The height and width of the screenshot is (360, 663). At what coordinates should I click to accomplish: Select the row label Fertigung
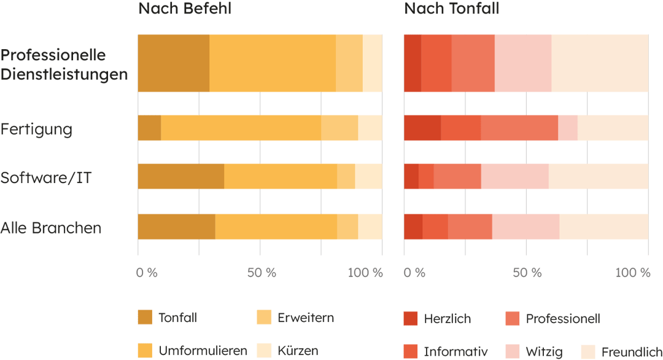[36, 130]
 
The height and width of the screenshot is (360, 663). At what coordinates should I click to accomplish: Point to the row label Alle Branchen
[50, 228]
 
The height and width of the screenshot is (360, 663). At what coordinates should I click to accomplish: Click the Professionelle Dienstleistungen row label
[64, 65]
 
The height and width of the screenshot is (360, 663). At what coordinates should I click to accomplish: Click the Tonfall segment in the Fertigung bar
[149, 128]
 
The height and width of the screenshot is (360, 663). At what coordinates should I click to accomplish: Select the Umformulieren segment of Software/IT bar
[281, 176]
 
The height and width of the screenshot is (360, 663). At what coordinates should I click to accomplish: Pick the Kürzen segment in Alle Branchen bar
[370, 226]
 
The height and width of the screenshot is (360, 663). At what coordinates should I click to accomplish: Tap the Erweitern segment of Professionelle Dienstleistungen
[349, 63]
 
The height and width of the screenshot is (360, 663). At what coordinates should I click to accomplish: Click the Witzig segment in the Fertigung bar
[568, 128]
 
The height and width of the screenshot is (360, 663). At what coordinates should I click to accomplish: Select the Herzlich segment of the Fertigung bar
[422, 128]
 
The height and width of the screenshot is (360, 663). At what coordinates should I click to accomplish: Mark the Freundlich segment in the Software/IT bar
[599, 176]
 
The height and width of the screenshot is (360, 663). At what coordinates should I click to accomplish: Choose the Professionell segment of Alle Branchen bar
[470, 226]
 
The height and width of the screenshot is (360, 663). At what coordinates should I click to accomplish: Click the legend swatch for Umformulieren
[145, 351]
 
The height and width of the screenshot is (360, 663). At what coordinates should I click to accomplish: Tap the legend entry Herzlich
[448, 318]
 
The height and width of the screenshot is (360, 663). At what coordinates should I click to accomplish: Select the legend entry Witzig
[544, 352]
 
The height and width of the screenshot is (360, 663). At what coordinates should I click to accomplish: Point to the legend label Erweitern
[306, 318]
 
